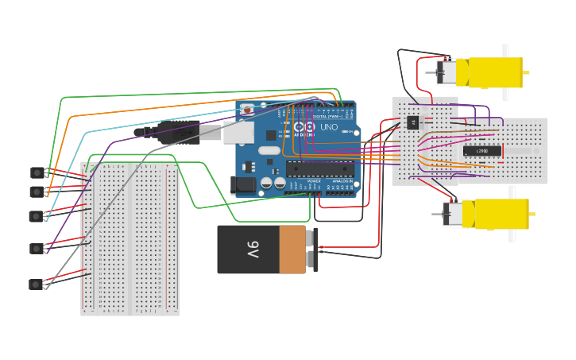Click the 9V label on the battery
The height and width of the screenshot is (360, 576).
(x=253, y=250)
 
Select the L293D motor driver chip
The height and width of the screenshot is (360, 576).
(x=482, y=150)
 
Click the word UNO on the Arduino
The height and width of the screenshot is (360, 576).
(x=328, y=127)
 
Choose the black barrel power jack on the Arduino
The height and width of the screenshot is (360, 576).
(x=244, y=185)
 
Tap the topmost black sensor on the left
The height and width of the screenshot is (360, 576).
(x=37, y=172)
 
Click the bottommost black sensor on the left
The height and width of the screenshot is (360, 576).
(x=36, y=285)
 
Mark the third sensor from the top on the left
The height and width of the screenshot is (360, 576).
(x=36, y=216)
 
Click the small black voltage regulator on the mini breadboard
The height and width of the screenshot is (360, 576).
(x=412, y=122)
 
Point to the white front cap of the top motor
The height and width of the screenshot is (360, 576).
(x=446, y=72)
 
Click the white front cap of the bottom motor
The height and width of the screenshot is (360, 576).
(x=453, y=214)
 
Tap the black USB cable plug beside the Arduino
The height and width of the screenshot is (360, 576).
(x=178, y=133)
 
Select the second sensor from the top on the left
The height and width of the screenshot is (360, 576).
(x=36, y=192)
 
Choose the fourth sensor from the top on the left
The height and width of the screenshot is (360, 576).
(x=36, y=249)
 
